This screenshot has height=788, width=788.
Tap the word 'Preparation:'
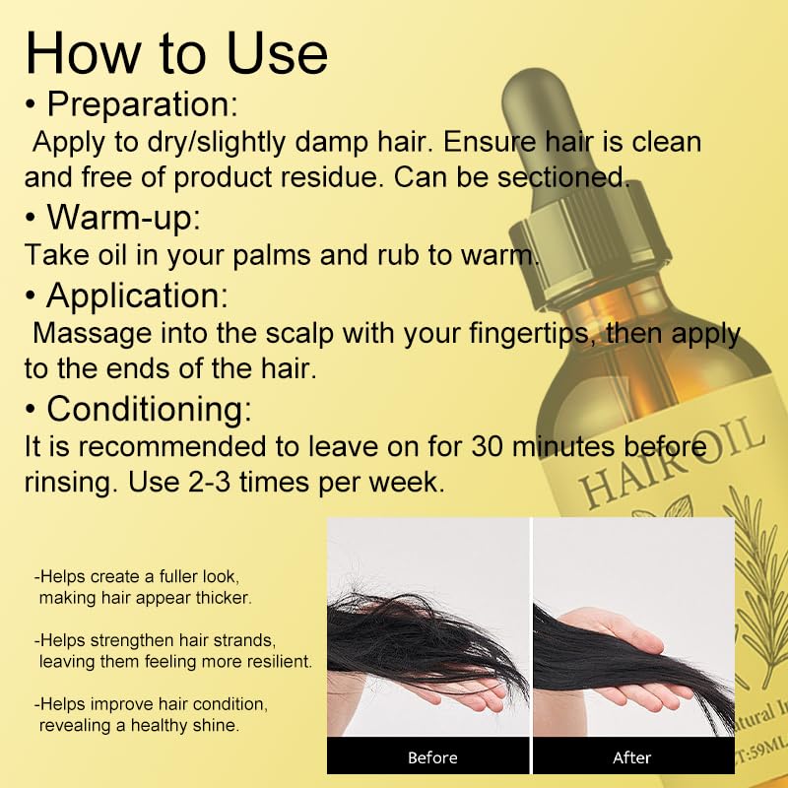pos(142,103)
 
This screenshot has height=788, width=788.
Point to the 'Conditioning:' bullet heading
pos(149,407)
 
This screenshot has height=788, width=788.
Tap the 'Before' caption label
pos(432,757)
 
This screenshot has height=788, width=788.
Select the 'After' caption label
pos(632,757)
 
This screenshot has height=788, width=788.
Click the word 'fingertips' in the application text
pos(523,332)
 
